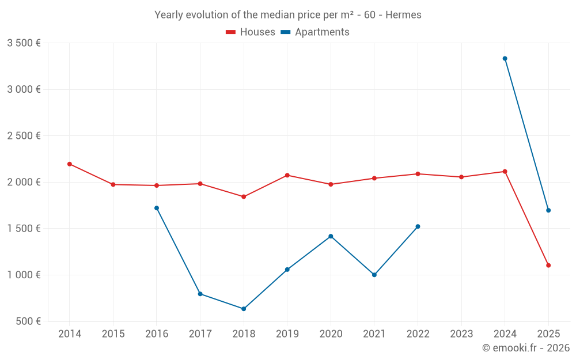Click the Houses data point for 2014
click(70, 164)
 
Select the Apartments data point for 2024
click(505, 59)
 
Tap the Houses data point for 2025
click(548, 266)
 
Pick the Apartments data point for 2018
click(244, 309)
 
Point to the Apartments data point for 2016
click(157, 208)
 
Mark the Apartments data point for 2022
click(418, 226)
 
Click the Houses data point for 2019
click(287, 175)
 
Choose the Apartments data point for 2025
click(548, 210)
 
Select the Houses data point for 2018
click(244, 197)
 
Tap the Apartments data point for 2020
click(331, 236)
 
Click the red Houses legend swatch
click(230, 32)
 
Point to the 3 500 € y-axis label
click(24, 43)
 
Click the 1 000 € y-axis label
click(24, 275)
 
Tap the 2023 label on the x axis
click(461, 334)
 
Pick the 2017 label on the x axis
click(200, 334)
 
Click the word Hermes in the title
click(403, 15)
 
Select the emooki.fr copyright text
click(526, 348)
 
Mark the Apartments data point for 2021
click(374, 275)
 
